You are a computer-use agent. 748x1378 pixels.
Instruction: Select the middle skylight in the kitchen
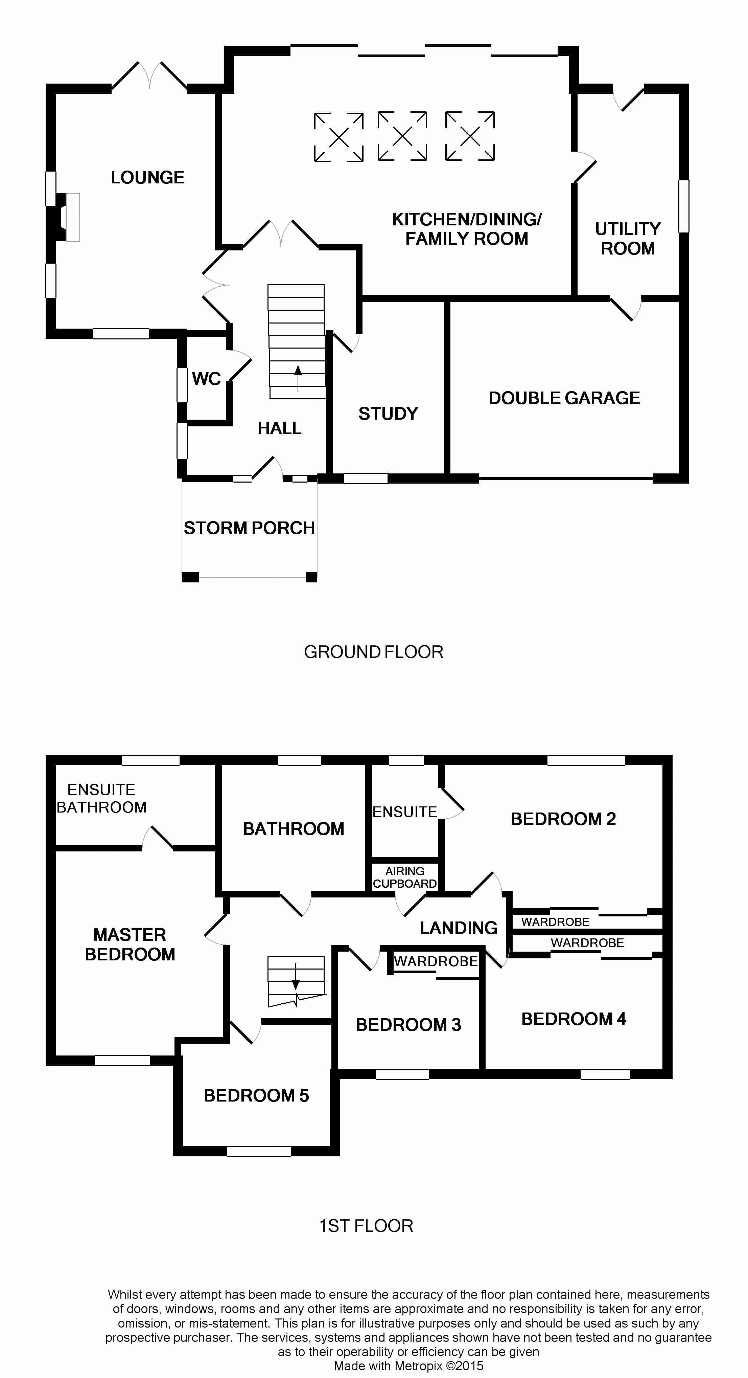[x=402, y=136]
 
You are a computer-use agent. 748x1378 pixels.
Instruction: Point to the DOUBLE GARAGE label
[x=564, y=398]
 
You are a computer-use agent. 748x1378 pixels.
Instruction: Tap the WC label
[x=206, y=379]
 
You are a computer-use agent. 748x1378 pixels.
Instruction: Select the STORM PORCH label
[x=249, y=528]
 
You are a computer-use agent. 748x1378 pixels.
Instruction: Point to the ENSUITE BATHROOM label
[x=101, y=798]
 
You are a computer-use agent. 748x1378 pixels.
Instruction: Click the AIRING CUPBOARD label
[x=405, y=877]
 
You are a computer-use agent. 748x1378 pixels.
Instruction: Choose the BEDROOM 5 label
[x=256, y=1095]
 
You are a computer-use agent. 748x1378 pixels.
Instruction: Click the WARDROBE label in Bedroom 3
[x=436, y=961]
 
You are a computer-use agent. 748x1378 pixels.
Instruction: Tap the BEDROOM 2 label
[x=563, y=819]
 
